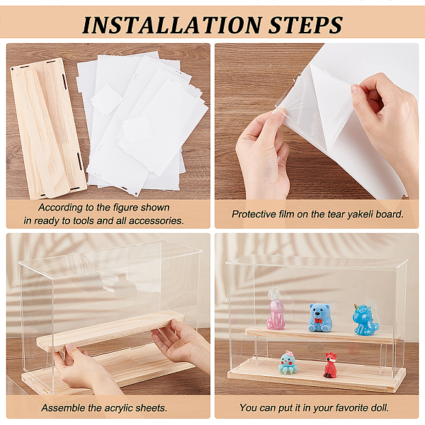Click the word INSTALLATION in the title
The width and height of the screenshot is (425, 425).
click(x=172, y=25)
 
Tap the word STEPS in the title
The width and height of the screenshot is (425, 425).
click(x=305, y=25)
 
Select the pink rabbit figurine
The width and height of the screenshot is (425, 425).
click(x=276, y=310)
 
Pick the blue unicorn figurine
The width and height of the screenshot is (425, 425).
click(x=365, y=319)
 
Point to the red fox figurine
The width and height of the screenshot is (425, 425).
click(x=330, y=365)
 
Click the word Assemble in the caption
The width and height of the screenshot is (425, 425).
click(x=61, y=408)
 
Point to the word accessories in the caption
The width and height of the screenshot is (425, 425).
click(x=157, y=220)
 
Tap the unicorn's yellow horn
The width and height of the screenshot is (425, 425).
click(x=356, y=307)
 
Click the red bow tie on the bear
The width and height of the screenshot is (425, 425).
click(x=319, y=321)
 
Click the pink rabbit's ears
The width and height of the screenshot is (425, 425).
click(x=273, y=295)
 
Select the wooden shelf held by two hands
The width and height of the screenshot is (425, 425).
click(x=110, y=330)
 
